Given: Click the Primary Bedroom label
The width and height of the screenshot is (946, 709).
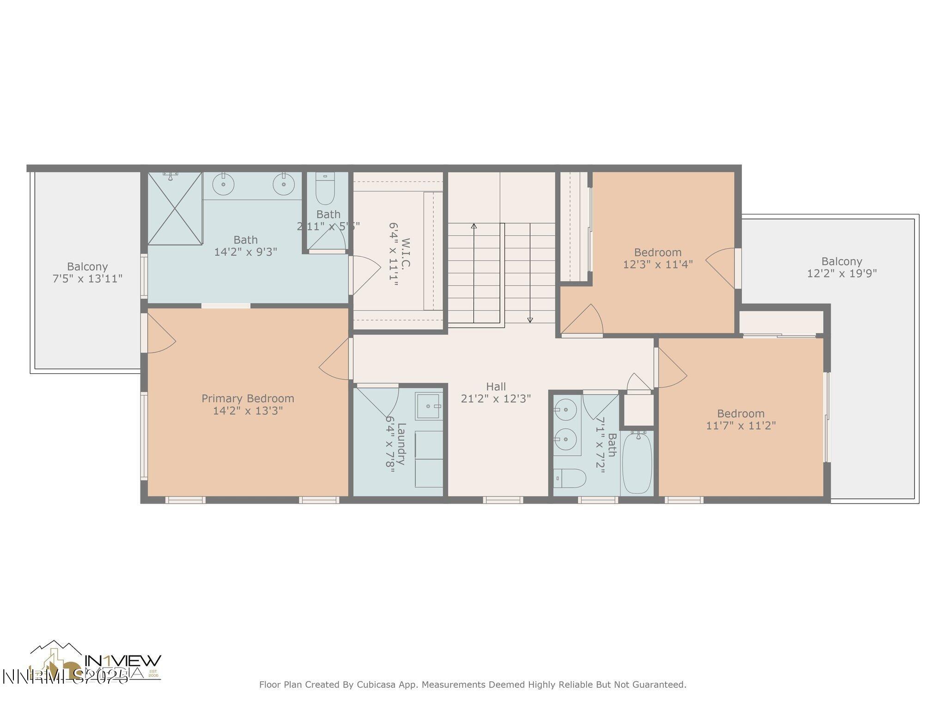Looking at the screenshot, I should pyautogui.click(x=248, y=398).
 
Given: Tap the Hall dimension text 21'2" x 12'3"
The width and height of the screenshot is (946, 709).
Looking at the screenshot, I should pyautogui.click(x=496, y=398).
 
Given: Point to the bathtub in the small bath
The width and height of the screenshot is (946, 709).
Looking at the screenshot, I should pyautogui.click(x=637, y=463).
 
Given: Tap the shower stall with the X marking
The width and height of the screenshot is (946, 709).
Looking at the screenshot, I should pyautogui.click(x=175, y=208).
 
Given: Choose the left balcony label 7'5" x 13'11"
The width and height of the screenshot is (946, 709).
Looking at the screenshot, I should pyautogui.click(x=87, y=278).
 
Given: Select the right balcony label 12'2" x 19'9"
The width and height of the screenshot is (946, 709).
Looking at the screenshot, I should pyautogui.click(x=842, y=273).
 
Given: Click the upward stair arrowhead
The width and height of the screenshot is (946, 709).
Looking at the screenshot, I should pyautogui.click(x=474, y=226).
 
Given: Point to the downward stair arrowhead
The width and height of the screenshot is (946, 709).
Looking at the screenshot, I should pyautogui.click(x=530, y=319).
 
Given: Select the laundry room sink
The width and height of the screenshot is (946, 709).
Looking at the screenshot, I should pyautogui.click(x=429, y=406).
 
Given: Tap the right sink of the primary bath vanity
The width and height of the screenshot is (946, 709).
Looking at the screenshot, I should pyautogui.click(x=284, y=185).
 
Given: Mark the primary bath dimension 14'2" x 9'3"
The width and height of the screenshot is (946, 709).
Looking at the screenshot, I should pyautogui.click(x=245, y=252).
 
